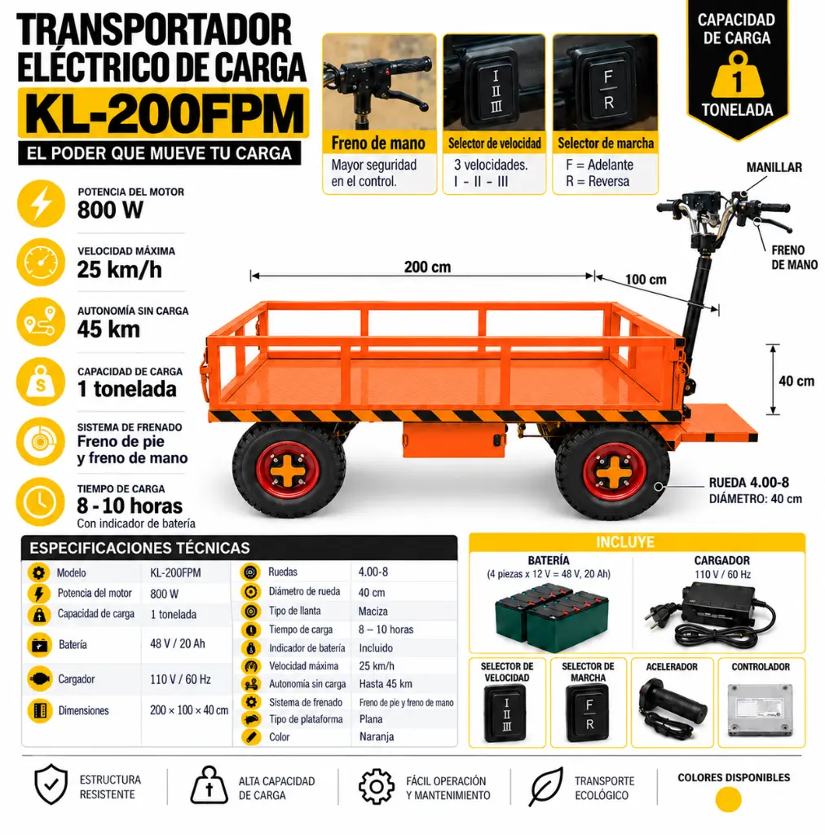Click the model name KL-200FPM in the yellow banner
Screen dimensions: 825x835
coord(163,113)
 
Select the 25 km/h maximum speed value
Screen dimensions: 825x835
coord(119,270)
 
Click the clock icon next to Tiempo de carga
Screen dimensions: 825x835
coord(41,501)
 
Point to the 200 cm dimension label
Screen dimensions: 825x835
coord(427,267)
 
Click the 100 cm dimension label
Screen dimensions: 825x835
coord(645,280)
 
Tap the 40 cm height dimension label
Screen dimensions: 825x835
coord(796,381)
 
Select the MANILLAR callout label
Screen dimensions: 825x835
coord(774,167)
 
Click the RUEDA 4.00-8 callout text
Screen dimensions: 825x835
coord(749,483)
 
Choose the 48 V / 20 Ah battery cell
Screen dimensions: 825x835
coord(177,644)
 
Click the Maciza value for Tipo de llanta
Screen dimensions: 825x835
coord(373,612)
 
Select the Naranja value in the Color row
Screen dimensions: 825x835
coord(377,736)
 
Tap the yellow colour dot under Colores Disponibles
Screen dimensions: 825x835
coord(728,799)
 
